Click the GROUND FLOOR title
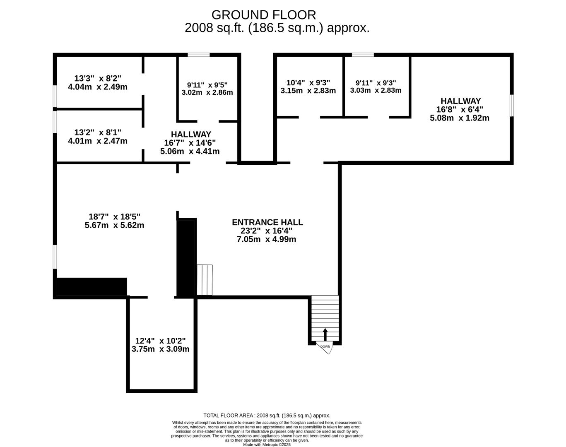coord(263,15)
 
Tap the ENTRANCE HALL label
coord(267,222)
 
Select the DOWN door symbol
coord(325,348)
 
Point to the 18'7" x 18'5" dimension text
coord(114,216)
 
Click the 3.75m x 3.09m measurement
coord(160,349)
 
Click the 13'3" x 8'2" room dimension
coord(98,78)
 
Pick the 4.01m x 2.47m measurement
coord(98,141)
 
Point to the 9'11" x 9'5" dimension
coord(207,85)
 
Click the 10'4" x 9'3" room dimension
coord(308,82)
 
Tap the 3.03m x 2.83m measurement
coord(376,91)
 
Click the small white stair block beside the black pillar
coord(205,280)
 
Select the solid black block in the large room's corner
coord(92,286)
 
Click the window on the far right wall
coord(512,106)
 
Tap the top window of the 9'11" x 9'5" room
coord(199,55)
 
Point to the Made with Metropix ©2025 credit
coord(267,445)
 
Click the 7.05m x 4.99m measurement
coord(266,239)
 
